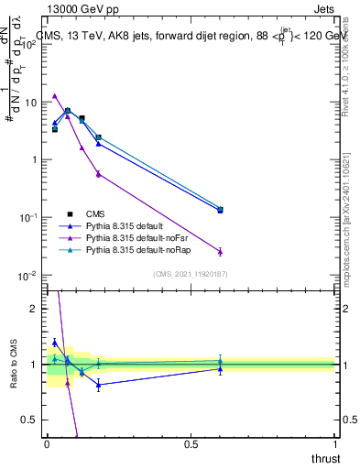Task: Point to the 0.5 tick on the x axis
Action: [191, 444]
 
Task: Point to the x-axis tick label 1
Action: [335, 444]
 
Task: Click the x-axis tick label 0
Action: [47, 444]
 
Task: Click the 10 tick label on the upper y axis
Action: [33, 103]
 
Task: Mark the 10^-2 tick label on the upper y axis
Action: [30, 275]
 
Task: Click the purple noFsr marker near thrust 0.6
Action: [220, 251]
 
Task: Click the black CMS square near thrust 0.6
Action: [220, 210]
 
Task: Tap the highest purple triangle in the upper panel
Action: [55, 95]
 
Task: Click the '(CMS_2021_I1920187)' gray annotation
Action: [190, 274]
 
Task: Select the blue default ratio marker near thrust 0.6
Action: [220, 368]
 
